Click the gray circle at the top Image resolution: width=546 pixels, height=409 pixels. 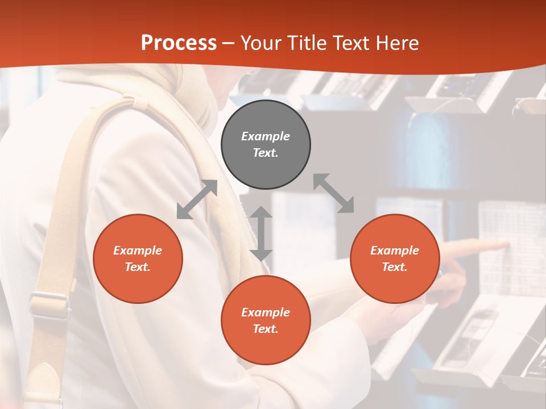pos(266,145)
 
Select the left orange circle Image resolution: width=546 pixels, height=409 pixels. pos(138,258)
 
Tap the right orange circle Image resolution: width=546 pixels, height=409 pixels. pos(395,258)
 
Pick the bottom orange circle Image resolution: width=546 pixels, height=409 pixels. pos(266,320)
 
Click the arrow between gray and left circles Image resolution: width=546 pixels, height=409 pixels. pos(197,199)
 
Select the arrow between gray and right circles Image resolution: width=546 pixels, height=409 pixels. pos(334,193)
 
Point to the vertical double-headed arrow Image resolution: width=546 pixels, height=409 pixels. pos(261,233)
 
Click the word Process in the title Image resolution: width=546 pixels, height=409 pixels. pos(179,43)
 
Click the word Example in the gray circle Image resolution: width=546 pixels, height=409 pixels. pos(266,136)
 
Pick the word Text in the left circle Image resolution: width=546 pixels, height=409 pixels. pos(138,267)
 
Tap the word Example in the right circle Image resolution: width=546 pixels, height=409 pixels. pos(395,251)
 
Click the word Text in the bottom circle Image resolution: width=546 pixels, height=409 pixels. pos(266,329)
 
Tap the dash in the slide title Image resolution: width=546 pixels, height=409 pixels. pos(229,43)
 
